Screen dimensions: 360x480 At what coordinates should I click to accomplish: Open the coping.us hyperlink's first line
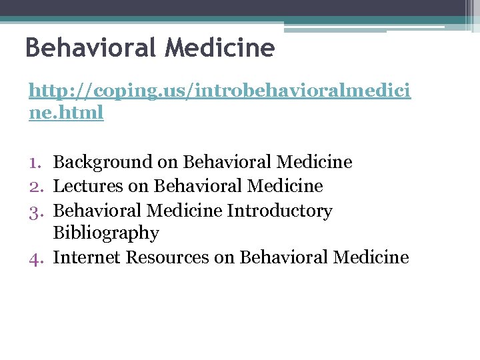click(220, 91)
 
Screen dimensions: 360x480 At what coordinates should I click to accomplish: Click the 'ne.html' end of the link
click(67, 112)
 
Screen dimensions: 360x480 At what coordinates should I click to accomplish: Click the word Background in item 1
click(103, 162)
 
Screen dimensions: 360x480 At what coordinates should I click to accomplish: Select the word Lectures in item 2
click(88, 186)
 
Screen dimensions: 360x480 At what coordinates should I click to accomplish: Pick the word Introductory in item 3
click(279, 211)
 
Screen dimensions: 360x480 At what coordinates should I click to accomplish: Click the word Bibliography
click(106, 233)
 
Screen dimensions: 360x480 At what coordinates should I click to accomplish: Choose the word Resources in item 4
click(166, 257)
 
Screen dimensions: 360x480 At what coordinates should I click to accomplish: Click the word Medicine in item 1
click(314, 162)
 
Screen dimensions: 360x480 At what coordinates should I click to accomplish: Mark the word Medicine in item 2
click(285, 186)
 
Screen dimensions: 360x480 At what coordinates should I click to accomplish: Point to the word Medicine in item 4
click(371, 257)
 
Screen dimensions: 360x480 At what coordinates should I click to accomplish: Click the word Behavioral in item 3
click(97, 211)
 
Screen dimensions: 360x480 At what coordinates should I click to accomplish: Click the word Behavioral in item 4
click(284, 257)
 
